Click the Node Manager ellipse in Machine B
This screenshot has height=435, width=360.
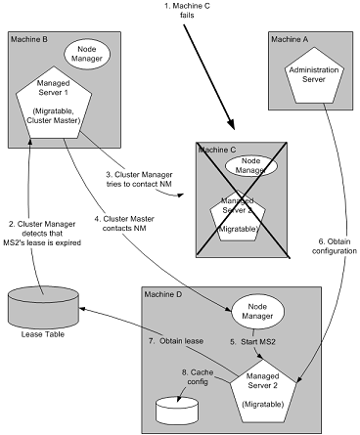pos(86,55)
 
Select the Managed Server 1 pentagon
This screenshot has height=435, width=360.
pos(54,104)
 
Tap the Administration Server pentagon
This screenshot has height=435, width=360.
pos(314,75)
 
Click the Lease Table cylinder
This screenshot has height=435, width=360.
pos(43,306)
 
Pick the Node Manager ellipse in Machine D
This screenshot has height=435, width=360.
pos(257,312)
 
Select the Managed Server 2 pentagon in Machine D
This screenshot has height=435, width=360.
pos(263,391)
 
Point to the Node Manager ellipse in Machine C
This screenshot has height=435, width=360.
pos(251,165)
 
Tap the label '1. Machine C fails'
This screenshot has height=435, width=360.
pos(187,11)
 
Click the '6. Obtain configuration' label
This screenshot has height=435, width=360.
pos(335,246)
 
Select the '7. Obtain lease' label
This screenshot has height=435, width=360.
pos(176,341)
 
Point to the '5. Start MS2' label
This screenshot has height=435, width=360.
pos(252,342)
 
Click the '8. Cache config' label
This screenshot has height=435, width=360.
pos(198,376)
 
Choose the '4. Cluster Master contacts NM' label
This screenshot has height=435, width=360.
pos(124,224)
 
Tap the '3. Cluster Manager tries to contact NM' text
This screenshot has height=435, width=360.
pos(139,180)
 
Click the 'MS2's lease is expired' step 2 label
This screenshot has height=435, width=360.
pos(42,242)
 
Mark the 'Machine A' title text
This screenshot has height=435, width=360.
pos(290,39)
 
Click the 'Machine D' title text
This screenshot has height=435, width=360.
pos(163,294)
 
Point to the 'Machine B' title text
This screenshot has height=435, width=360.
pos(29,39)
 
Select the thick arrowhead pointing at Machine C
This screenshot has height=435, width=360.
pos(230,124)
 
